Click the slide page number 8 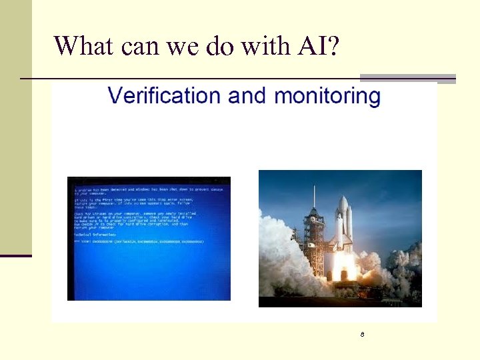tap(362, 333)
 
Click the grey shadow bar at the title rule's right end tap(408, 78)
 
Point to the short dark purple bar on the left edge tap(16, 255)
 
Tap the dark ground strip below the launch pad tap(340, 302)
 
